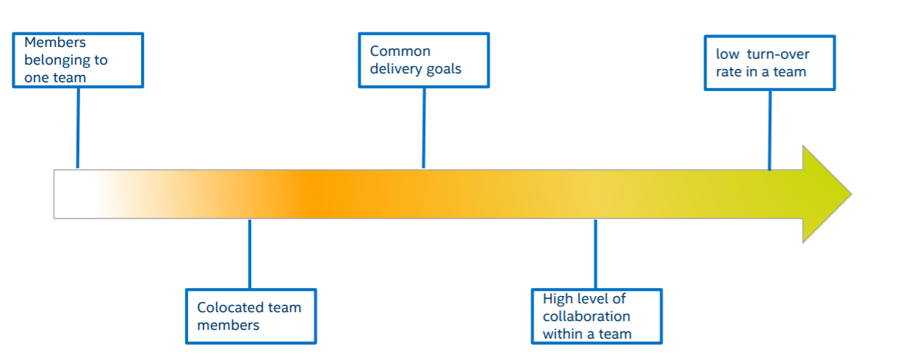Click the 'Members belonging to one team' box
click(x=78, y=60)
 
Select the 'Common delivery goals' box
click(x=423, y=60)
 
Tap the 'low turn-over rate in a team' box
click(x=769, y=63)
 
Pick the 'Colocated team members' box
click(x=250, y=316)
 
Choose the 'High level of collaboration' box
click(x=596, y=317)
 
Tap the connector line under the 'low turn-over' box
click(x=770, y=129)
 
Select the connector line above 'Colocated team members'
click(x=250, y=253)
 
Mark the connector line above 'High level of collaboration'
click(x=596, y=253)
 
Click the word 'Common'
click(x=400, y=51)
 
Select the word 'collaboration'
click(x=586, y=316)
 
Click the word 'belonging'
click(x=65, y=60)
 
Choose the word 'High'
click(x=558, y=299)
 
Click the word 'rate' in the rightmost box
click(x=729, y=72)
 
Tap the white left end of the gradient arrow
click(x=73, y=194)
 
